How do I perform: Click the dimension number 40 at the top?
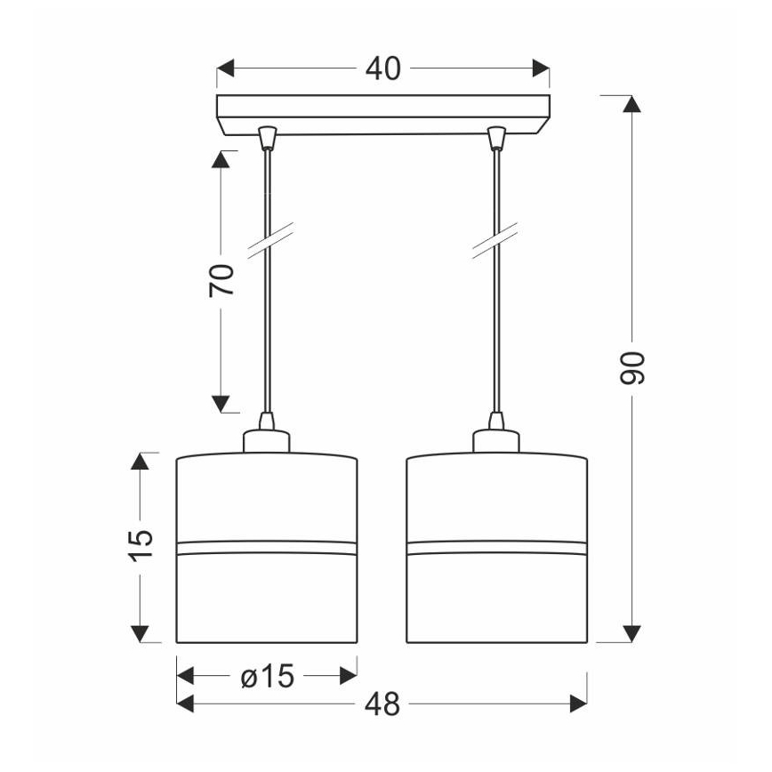tap(383, 68)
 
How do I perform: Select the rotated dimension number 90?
tap(631, 367)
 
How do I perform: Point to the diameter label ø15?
tap(267, 678)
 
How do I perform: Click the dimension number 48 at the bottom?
tap(382, 704)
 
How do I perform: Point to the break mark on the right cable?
tap(496, 242)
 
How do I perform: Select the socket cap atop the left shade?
tap(267, 440)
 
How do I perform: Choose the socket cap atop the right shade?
tap(496, 440)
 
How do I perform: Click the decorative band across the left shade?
tap(267, 546)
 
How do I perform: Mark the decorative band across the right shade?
tap(496, 546)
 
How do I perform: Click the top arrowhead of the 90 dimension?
tap(631, 103)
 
